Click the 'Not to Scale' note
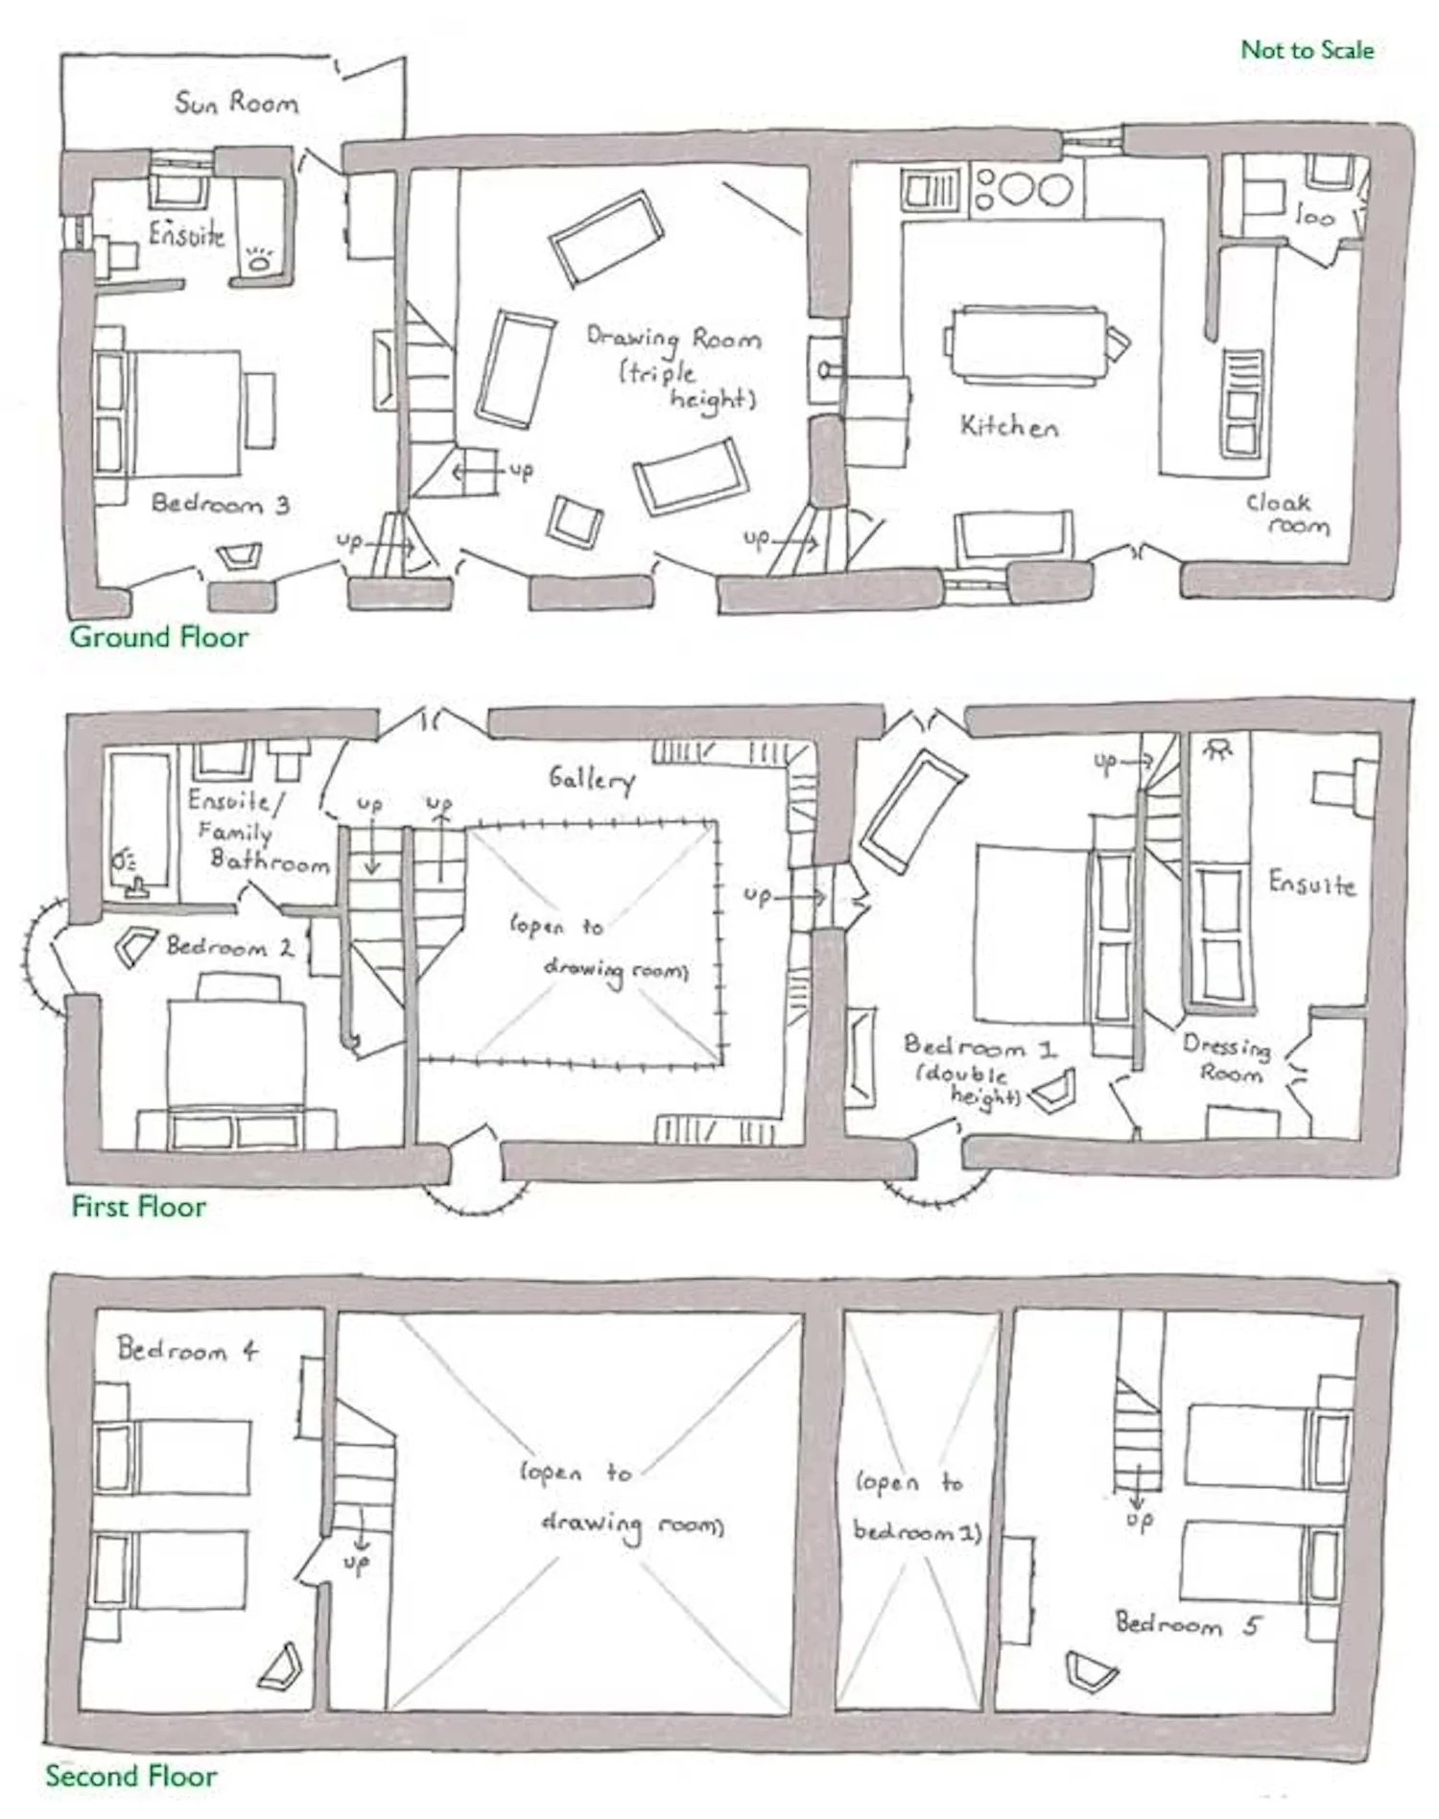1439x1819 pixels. pyautogui.click(x=1307, y=50)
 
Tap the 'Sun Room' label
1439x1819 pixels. pyautogui.click(x=236, y=103)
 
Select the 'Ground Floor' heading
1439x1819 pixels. pyautogui.click(x=159, y=636)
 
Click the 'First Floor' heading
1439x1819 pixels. pyautogui.click(x=139, y=1206)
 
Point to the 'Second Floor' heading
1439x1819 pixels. pyautogui.click(x=131, y=1776)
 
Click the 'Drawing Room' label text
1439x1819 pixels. pyautogui.click(x=674, y=338)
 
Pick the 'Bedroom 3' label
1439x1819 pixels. pyautogui.click(x=221, y=504)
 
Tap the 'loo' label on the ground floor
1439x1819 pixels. pyautogui.click(x=1314, y=216)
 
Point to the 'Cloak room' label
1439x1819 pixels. pyautogui.click(x=1287, y=514)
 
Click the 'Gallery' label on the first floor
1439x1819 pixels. pyautogui.click(x=592, y=779)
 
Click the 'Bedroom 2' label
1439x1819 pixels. pyautogui.click(x=230, y=947)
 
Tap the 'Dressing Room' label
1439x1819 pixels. pyautogui.click(x=1229, y=1058)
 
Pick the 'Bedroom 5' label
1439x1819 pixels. pyautogui.click(x=1189, y=1624)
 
